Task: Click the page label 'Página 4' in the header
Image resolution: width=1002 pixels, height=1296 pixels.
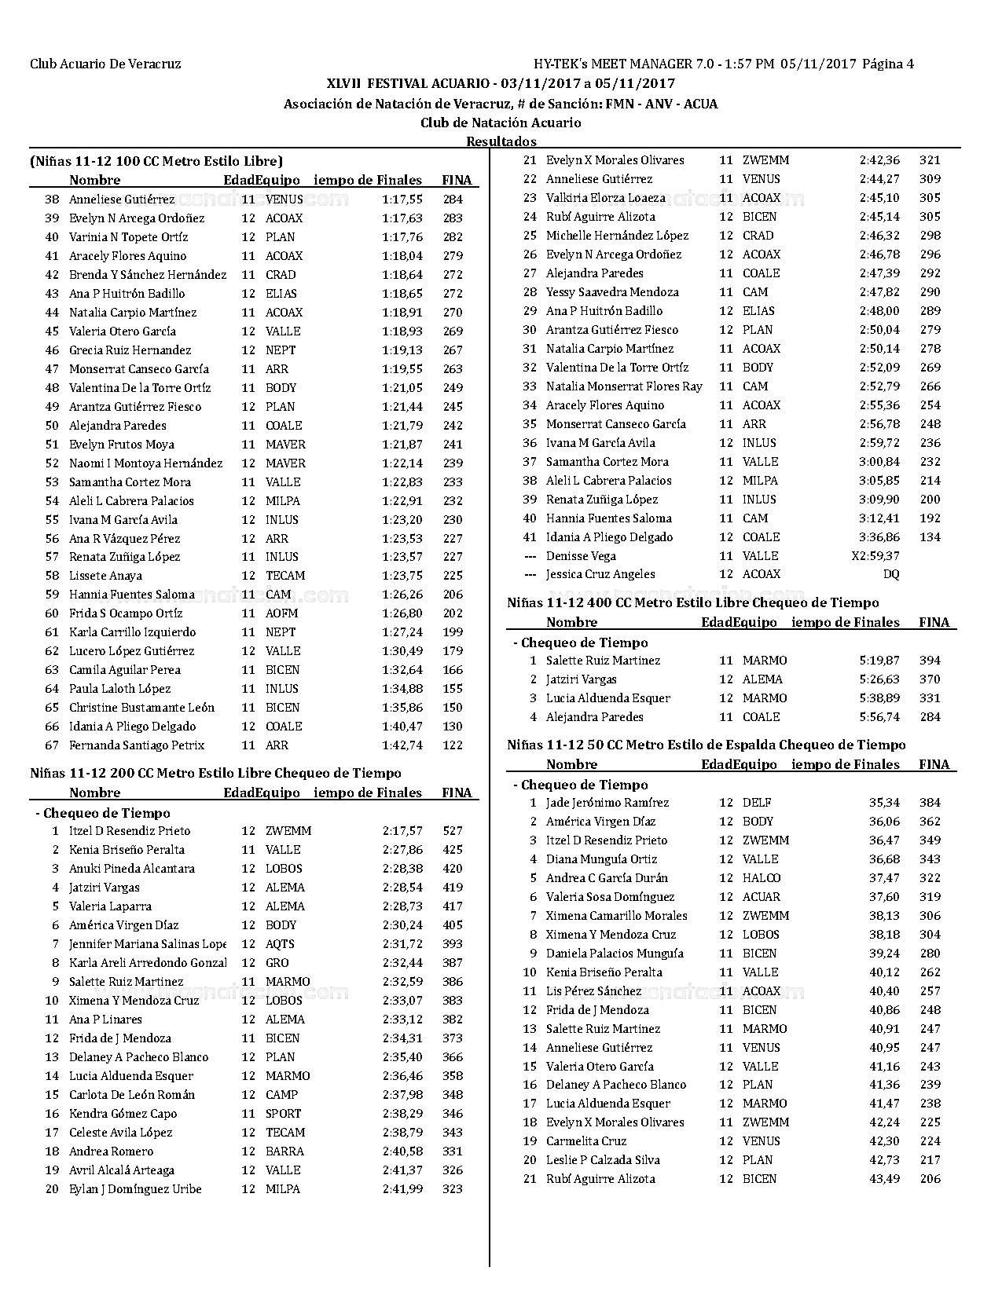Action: point(888,64)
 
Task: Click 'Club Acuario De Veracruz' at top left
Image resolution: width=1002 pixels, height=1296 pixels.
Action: point(105,64)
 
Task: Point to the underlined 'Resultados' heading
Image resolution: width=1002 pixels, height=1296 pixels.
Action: point(501,141)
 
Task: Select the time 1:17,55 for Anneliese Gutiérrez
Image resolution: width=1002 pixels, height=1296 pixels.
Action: point(402,200)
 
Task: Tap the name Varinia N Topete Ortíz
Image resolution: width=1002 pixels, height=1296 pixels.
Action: point(128,237)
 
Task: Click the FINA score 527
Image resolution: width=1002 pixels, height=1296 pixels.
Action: point(453,831)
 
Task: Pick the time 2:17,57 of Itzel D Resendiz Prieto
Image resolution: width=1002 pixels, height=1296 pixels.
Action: point(402,831)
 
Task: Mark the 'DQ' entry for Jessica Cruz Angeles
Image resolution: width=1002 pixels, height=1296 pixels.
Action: point(891,574)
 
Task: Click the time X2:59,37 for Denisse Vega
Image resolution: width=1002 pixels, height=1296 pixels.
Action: point(875,556)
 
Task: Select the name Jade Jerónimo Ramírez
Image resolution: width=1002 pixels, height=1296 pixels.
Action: point(607,803)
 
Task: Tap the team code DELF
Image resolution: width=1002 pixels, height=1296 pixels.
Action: point(757,803)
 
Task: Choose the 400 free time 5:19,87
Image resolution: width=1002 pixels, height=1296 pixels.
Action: point(879,661)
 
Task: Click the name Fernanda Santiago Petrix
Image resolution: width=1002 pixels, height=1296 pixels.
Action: point(137,745)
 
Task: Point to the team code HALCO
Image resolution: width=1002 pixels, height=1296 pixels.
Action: point(762,878)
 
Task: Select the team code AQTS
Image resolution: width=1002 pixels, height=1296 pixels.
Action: point(281,944)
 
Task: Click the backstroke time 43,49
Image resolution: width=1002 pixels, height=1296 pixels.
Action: point(884,1179)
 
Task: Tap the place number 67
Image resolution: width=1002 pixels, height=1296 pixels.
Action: point(52,745)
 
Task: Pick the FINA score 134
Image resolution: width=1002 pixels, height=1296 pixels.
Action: point(930,537)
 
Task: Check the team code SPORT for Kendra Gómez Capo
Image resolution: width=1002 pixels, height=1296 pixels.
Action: point(284,1114)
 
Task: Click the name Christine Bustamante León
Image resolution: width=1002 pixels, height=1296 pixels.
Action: point(141,708)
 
